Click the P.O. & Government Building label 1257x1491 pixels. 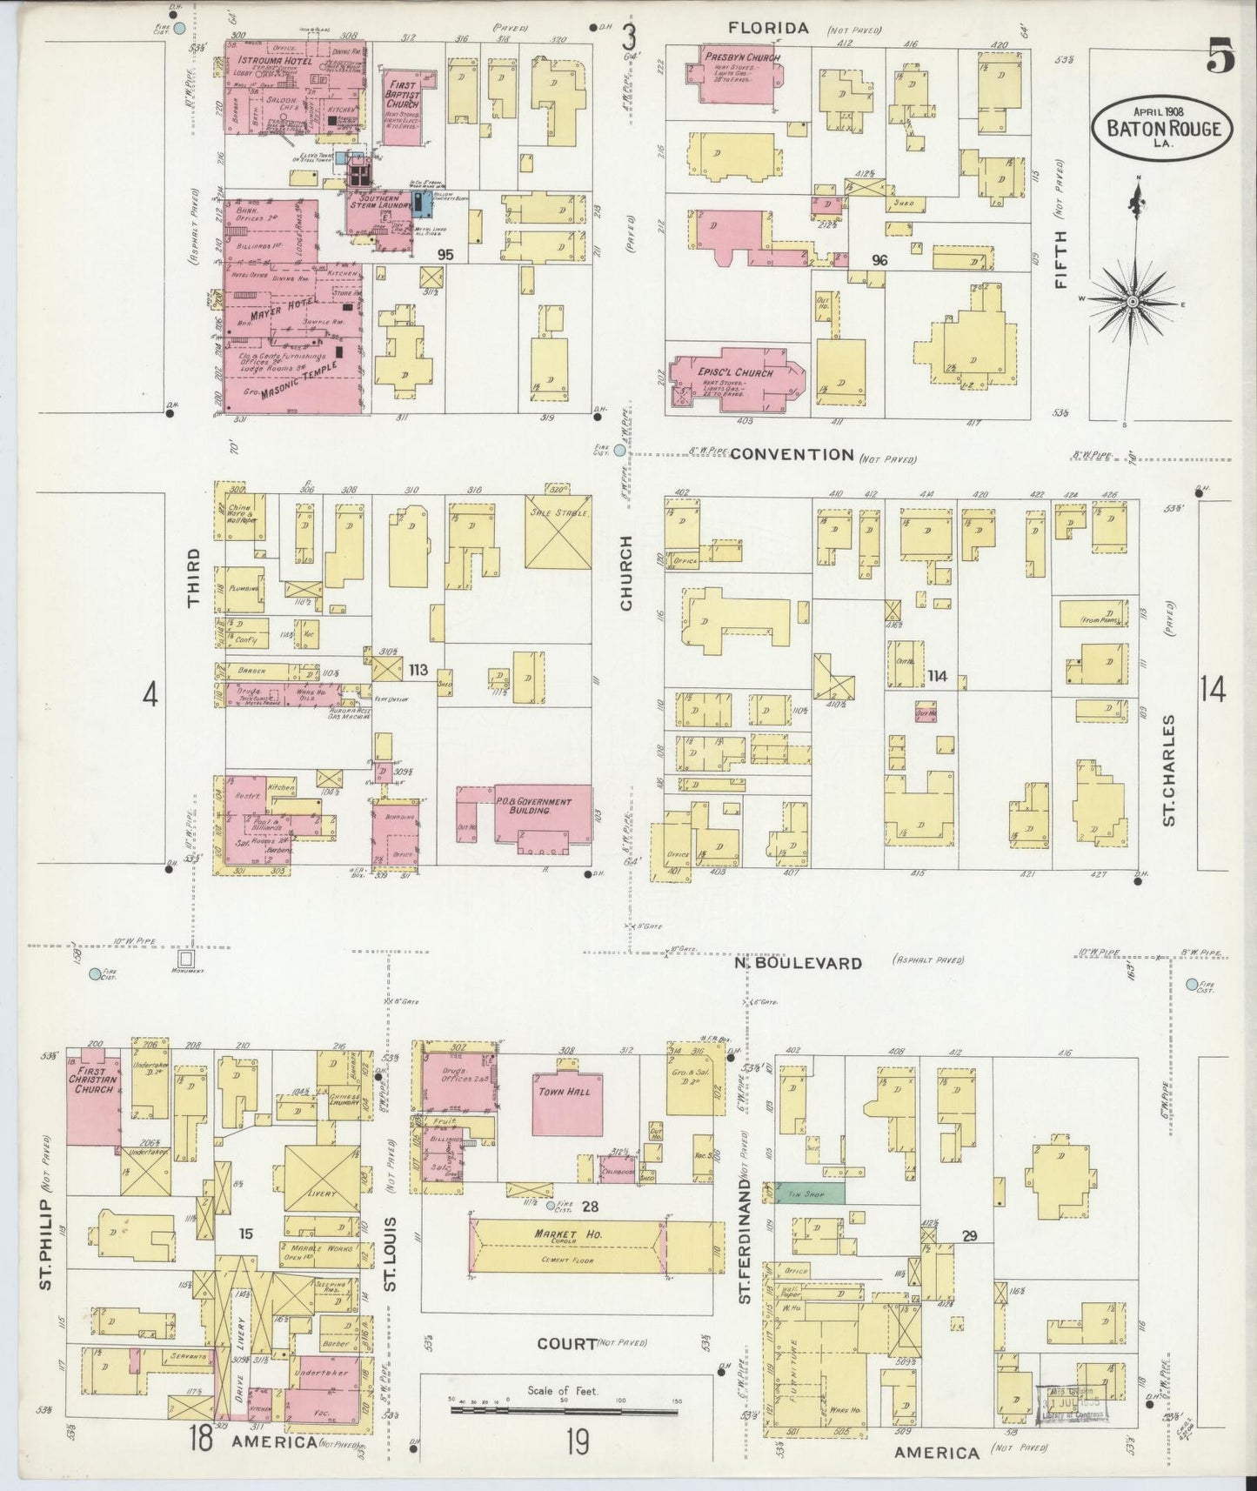tap(533, 806)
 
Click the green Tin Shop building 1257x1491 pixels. tap(809, 1194)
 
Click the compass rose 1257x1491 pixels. tap(1133, 301)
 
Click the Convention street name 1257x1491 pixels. tap(792, 454)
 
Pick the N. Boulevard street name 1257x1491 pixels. tap(798, 963)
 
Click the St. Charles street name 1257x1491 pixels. tap(1168, 770)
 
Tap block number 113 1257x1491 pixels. tap(418, 670)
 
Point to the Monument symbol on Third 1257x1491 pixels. tap(185, 959)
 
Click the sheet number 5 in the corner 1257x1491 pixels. tap(1220, 59)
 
